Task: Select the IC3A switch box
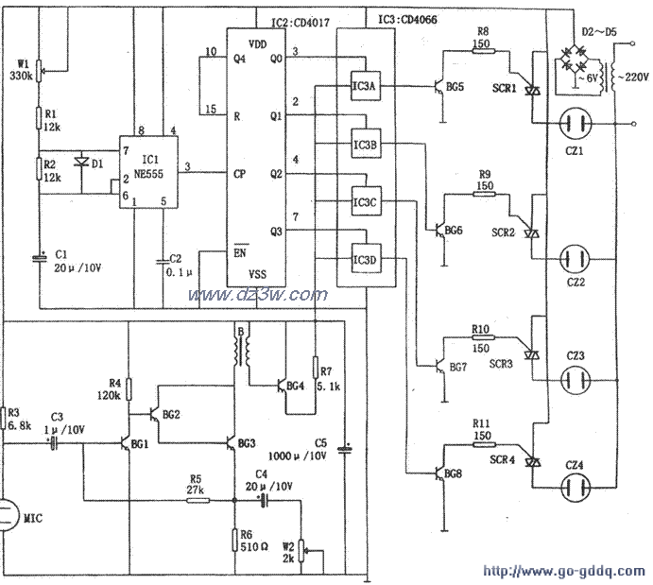pos(365,87)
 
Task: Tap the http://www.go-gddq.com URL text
pos(564,572)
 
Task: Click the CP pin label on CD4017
pos(240,174)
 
